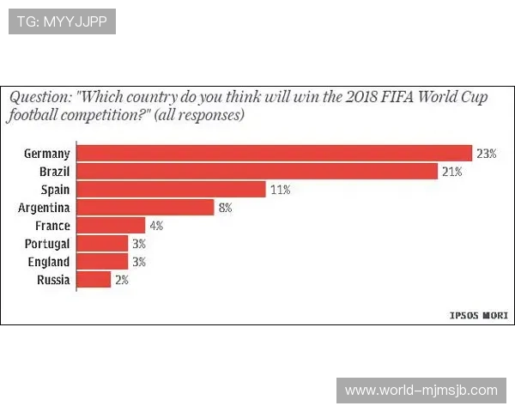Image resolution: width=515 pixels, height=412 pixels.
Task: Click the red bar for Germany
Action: pos(275,154)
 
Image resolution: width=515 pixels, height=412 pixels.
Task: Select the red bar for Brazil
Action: pos(257,172)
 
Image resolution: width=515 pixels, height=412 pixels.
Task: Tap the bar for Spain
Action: pos(172,190)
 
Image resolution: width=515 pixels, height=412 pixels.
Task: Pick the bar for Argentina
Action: pos(145,208)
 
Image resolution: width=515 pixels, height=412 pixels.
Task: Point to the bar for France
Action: pos(112,226)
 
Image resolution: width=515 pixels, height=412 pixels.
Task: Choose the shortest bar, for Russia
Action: pos(94,280)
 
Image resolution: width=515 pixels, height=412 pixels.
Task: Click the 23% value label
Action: pos(487,154)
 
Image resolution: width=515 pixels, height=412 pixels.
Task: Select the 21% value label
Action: pos(452,172)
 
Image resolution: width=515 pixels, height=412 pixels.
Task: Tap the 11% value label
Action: pos(280,190)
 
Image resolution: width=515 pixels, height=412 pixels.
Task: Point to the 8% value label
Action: pos(226,208)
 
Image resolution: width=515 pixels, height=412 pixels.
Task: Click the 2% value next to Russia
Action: pos(121,280)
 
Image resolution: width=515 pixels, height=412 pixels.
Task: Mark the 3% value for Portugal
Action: pos(138,244)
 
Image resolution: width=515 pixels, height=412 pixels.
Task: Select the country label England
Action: pos(48,262)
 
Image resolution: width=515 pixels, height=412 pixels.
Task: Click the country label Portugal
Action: pos(47,244)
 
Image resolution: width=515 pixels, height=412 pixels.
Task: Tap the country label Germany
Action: pos(46,154)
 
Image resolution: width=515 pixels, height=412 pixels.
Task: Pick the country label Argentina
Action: pos(44,208)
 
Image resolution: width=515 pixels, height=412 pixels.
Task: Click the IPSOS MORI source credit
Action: pos(478,315)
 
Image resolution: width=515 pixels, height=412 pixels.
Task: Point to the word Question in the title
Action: pos(39,97)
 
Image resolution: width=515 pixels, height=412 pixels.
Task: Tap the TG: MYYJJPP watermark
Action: pos(62,21)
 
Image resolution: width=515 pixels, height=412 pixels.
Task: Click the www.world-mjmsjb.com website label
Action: pos(421,391)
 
